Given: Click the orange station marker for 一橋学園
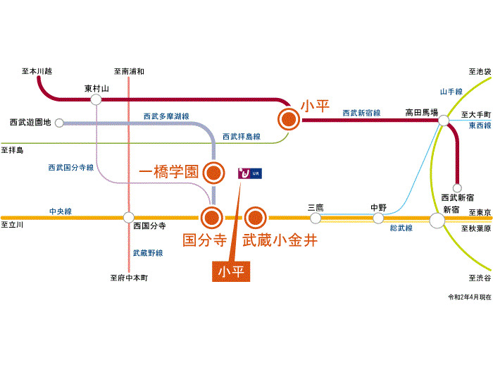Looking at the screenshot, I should (213, 171).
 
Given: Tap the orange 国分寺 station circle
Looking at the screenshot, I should (212, 218).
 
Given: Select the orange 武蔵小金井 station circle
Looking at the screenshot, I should (255, 218).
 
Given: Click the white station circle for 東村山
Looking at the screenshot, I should (96, 99).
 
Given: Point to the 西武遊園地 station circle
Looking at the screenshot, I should (59, 123).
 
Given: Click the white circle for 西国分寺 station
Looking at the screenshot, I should (128, 218).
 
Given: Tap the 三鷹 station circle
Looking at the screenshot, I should (315, 218).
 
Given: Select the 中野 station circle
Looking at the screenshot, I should (379, 218).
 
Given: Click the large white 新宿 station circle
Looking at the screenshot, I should (437, 220).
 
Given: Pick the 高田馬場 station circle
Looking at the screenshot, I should (443, 122).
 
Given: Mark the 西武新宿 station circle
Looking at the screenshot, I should (457, 188).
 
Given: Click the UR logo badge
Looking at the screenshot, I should (249, 173).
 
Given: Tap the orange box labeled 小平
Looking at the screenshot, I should (232, 271).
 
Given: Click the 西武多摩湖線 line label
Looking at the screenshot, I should (166, 116).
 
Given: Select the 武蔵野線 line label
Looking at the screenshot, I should (147, 252).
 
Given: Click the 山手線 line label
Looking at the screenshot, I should (451, 92).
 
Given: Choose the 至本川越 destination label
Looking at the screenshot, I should (37, 71).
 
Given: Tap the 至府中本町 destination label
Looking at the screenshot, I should (129, 278).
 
